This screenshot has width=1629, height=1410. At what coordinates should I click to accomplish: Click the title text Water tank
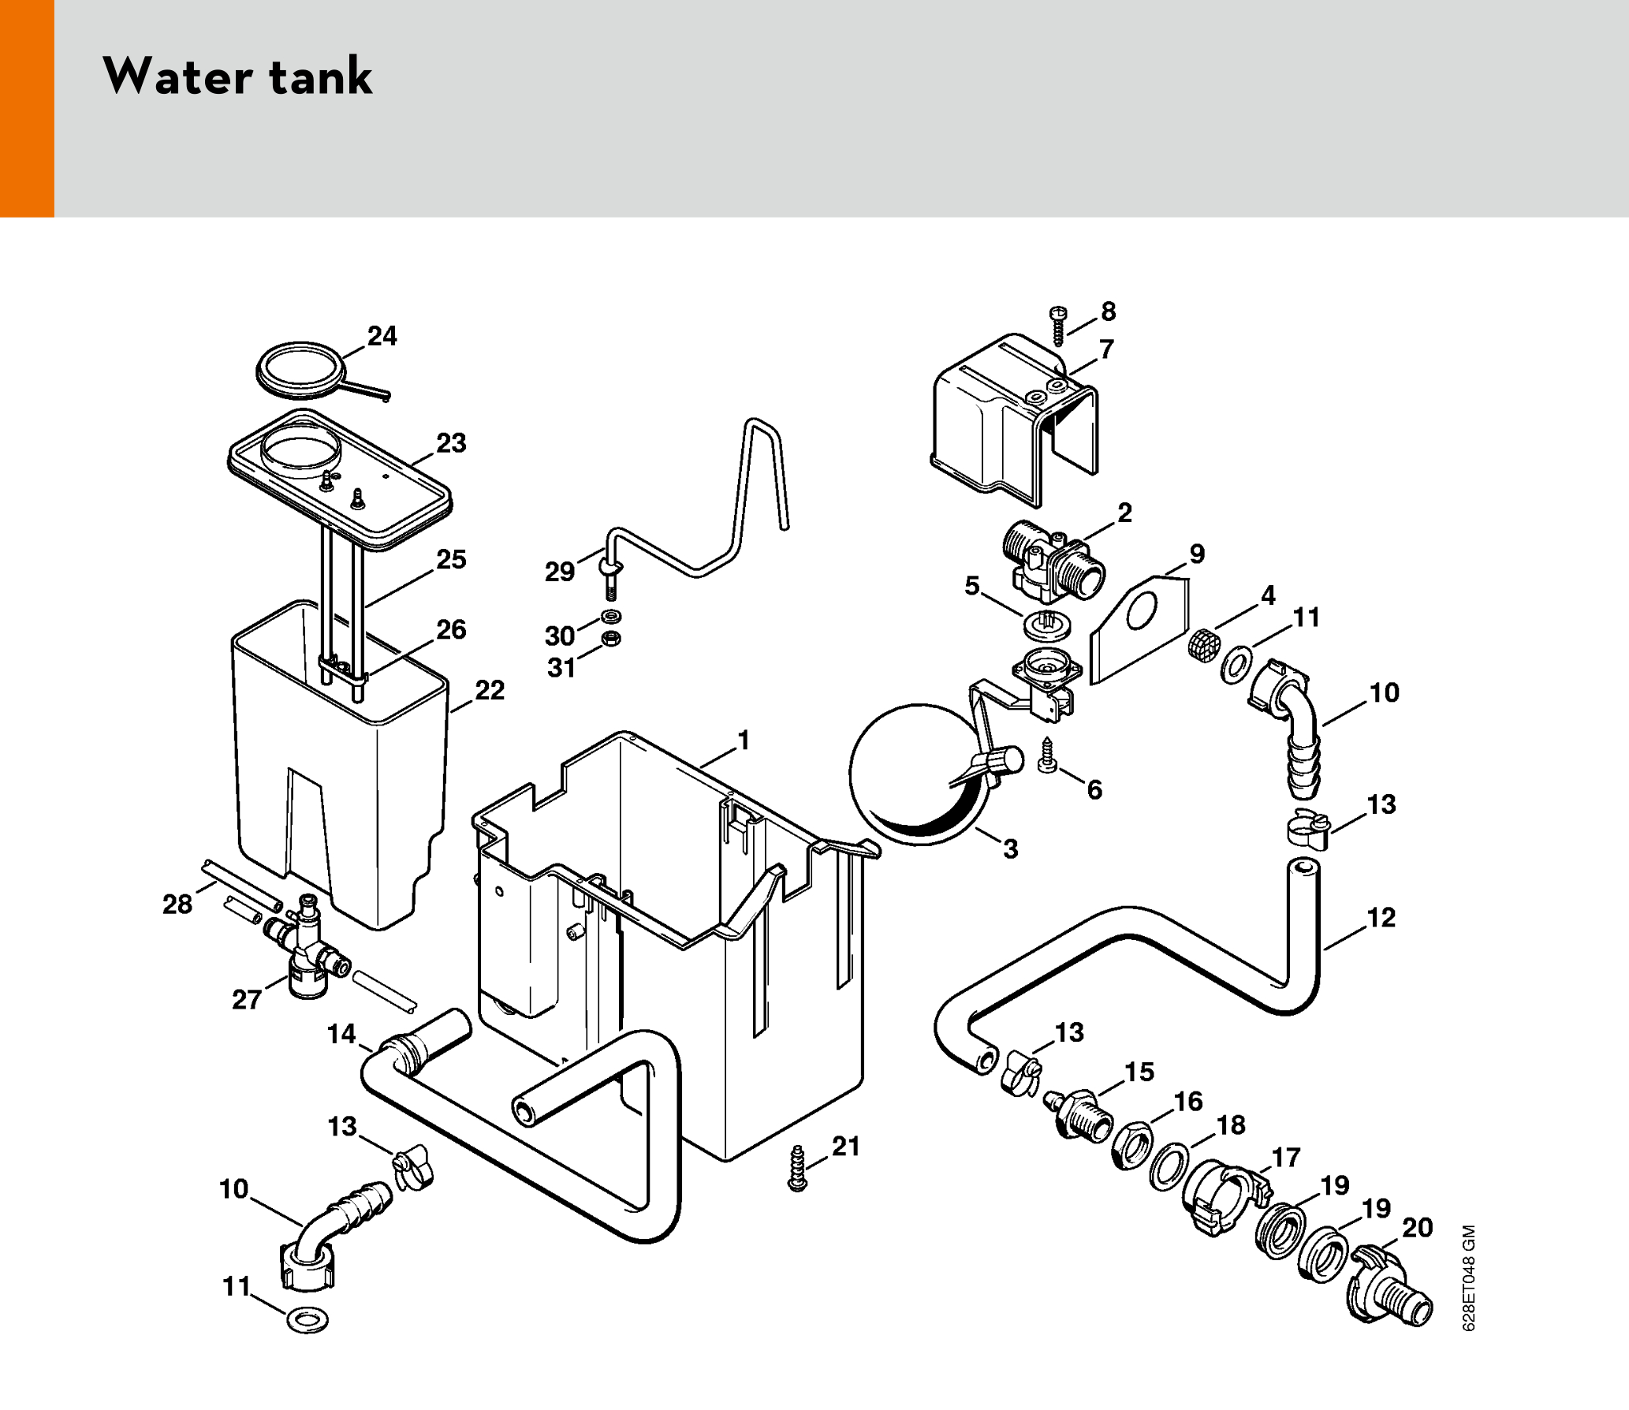(237, 76)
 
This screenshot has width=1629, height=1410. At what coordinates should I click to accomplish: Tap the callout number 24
(382, 336)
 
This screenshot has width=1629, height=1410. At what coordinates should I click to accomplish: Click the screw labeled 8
(1059, 324)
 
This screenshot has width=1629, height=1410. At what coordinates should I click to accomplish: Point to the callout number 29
(560, 571)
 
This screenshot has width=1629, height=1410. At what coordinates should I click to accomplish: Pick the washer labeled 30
(610, 616)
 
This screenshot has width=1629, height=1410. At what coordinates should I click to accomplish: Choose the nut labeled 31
(610, 638)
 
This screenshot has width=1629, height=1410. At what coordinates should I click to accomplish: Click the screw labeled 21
(797, 1168)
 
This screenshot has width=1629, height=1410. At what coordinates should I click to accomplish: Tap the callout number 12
(1381, 917)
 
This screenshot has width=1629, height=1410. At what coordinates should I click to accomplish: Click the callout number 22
(490, 690)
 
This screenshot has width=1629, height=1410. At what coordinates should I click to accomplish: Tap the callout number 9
(1197, 554)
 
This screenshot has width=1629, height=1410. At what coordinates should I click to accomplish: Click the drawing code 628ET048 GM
(1468, 1278)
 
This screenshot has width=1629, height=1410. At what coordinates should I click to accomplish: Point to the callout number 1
(743, 740)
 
